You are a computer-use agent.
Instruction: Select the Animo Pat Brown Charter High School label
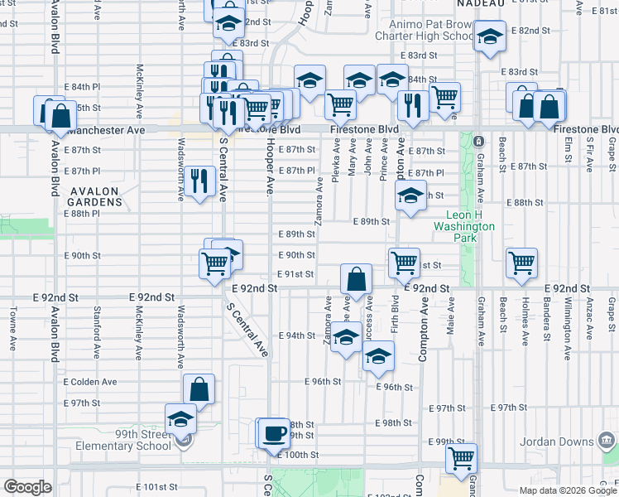pos(425,31)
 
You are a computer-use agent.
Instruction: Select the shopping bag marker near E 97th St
pos(199,388)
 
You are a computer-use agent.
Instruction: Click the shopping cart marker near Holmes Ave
pos(521,263)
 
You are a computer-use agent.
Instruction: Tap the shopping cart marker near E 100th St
pos(461,457)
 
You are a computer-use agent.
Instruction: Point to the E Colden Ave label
pos(89,382)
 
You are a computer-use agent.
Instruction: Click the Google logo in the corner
pos(27,486)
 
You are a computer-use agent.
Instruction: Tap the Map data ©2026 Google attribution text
pos(567,490)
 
